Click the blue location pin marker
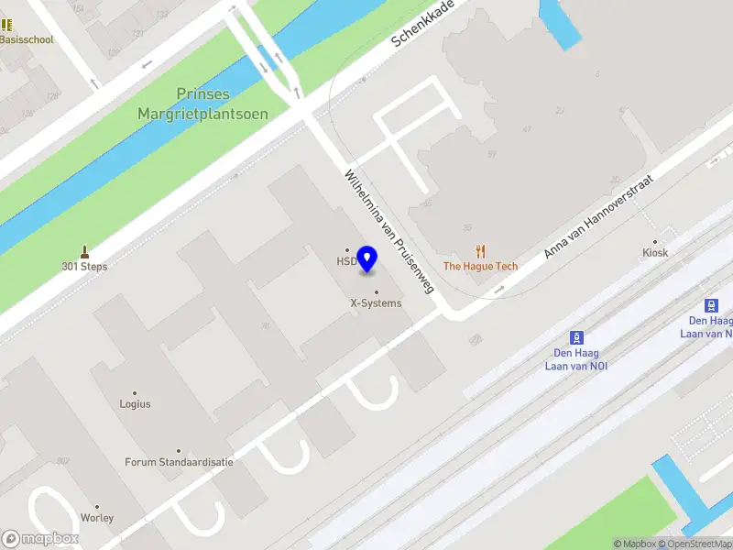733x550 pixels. [367, 259]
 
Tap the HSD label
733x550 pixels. [345, 261]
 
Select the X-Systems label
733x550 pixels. [376, 302]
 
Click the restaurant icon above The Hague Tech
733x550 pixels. [480, 250]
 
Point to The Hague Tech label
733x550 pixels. [480, 267]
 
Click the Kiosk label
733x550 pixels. [655, 252]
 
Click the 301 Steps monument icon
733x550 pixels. [84, 251]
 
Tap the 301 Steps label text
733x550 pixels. [84, 267]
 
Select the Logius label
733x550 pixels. [135, 403]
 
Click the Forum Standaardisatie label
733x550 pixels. [179, 462]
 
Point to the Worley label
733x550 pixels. [97, 518]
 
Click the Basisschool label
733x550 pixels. [27, 40]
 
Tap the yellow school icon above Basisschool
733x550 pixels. [7, 25]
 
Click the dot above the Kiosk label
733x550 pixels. [655, 241]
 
